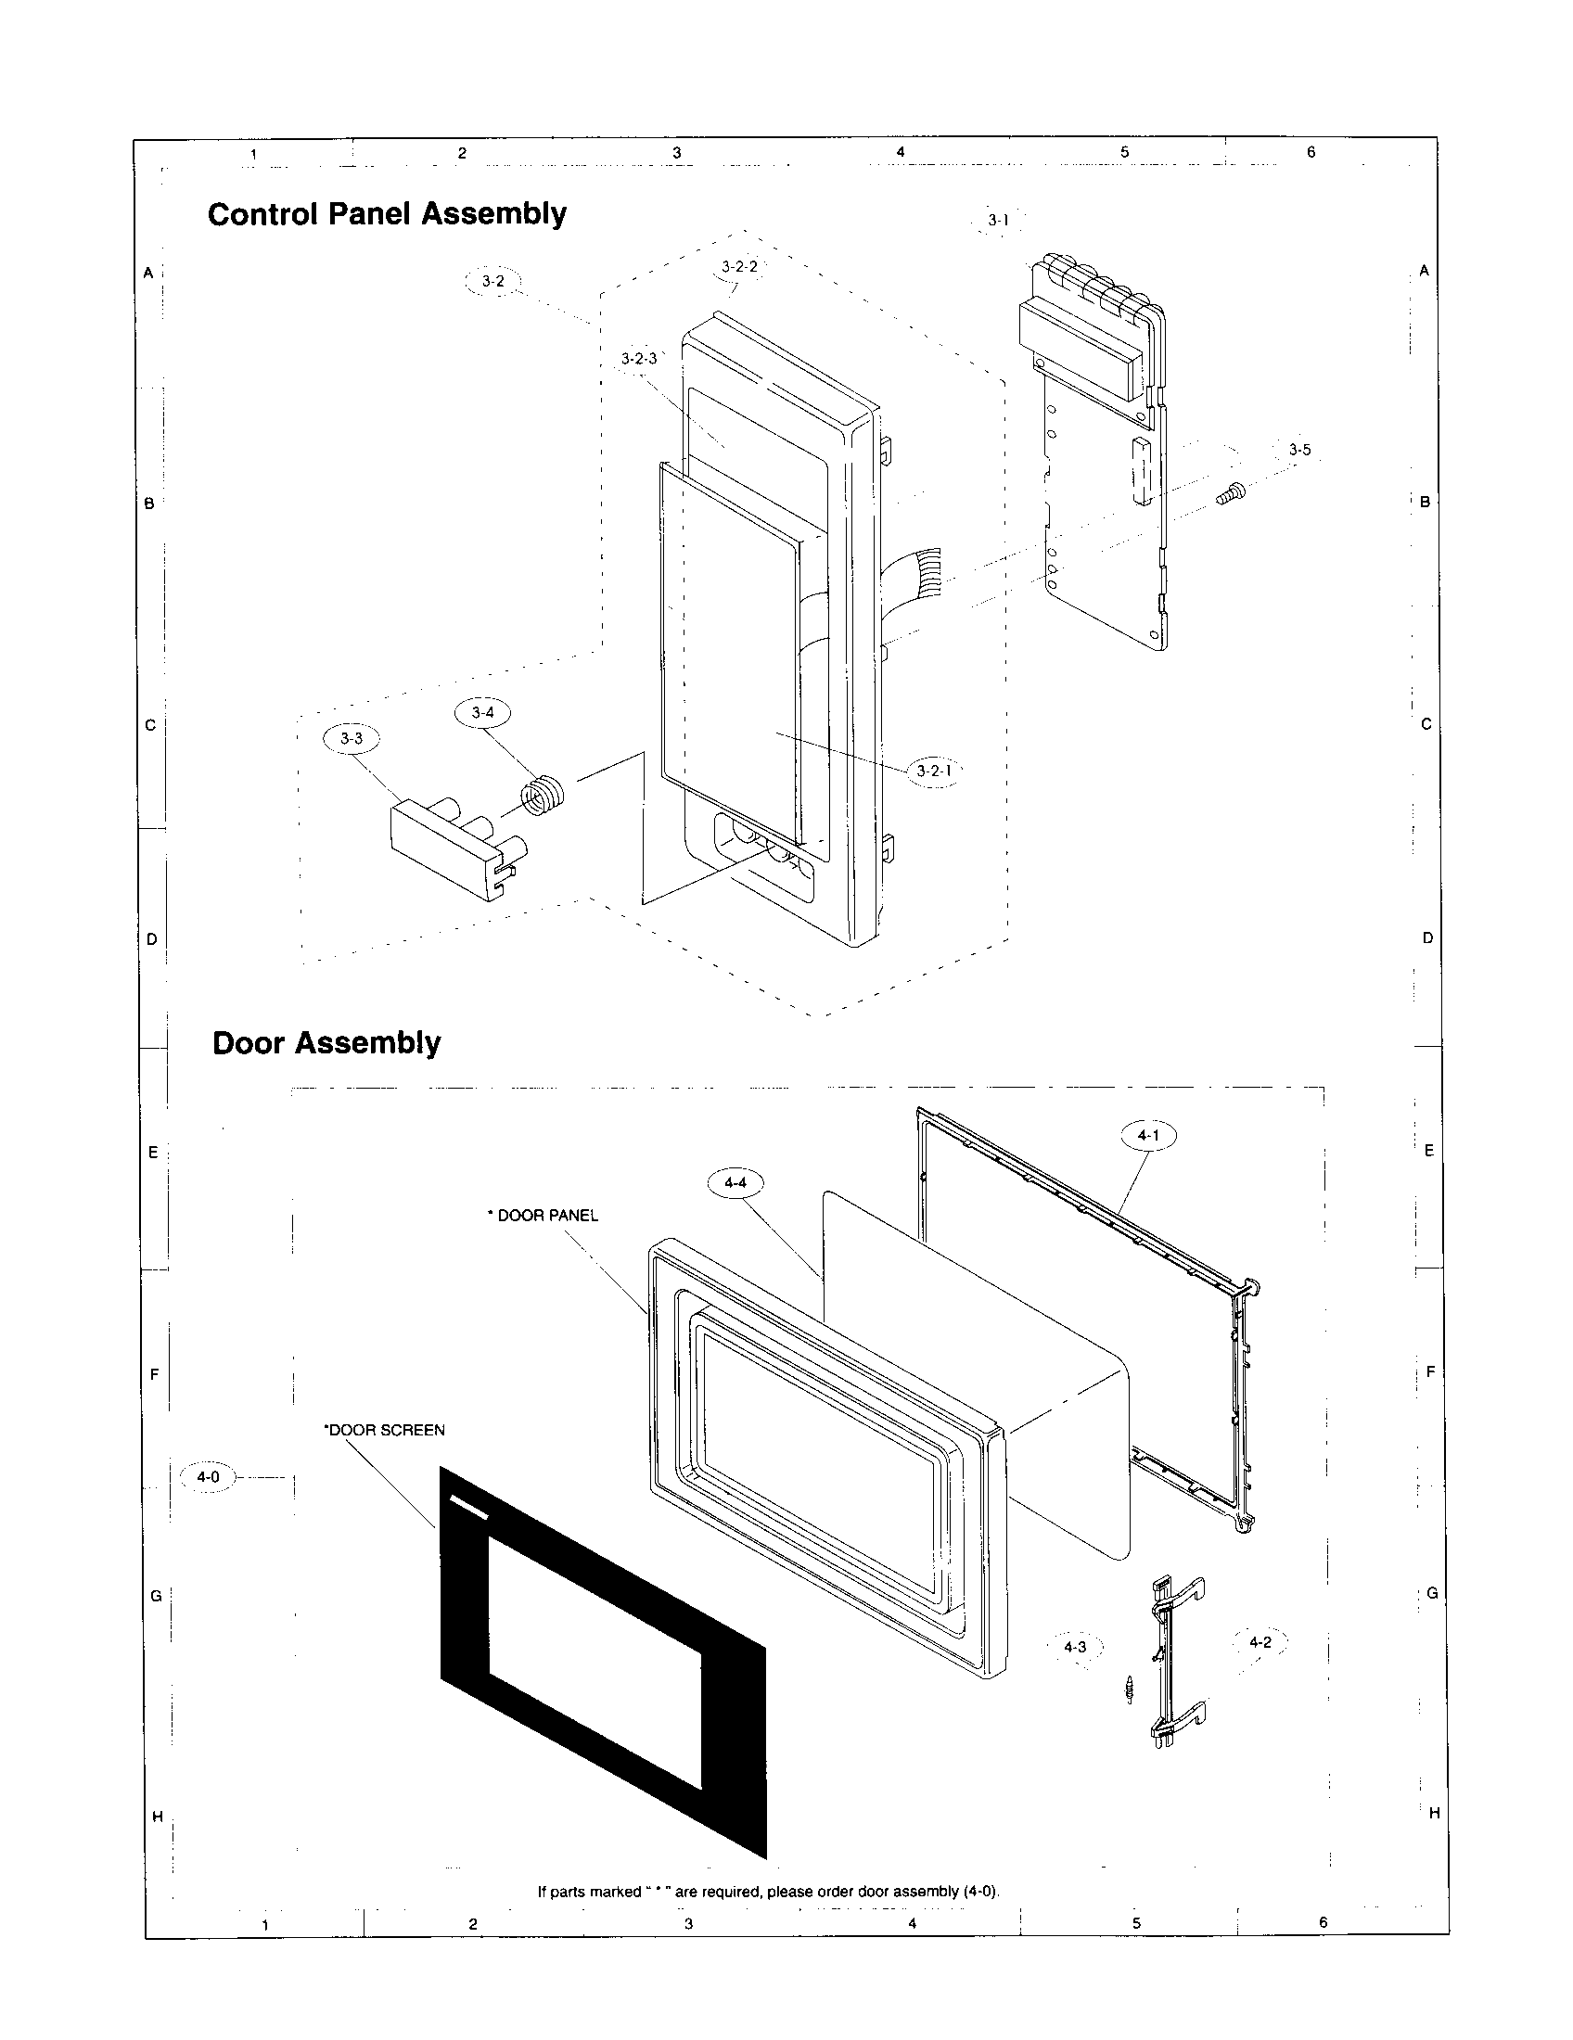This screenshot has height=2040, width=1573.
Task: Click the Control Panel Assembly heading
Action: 387,214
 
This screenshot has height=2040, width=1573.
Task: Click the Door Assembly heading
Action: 326,1042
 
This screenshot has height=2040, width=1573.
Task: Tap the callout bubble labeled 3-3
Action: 352,738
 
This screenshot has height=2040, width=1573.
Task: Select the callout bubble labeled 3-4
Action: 482,713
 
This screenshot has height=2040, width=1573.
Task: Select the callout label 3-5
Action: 1299,450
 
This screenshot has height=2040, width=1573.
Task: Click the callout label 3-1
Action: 998,221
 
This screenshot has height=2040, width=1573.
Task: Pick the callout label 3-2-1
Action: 933,771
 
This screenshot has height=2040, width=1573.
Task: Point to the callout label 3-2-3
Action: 639,359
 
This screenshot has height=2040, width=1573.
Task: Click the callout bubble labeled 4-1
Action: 1147,1135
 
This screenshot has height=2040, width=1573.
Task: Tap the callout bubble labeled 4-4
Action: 735,1182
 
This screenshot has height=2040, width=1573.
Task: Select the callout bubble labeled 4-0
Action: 208,1477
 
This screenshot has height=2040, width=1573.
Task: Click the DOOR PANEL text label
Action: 544,1216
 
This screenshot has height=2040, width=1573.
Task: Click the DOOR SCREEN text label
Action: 384,1430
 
